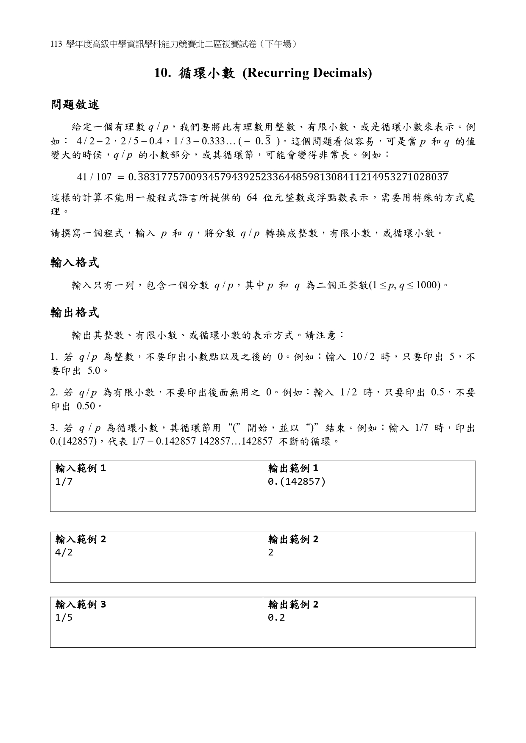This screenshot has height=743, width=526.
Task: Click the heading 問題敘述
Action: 75,105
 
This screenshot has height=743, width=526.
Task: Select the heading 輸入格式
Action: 75,263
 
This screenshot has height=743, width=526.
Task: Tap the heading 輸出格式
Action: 75,313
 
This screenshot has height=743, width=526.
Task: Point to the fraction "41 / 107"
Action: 94,177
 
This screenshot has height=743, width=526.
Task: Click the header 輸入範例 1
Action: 81,468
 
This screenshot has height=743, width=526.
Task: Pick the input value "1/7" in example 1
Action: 64,482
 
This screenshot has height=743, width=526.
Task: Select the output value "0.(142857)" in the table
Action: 297,482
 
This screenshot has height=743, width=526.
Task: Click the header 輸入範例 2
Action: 81,539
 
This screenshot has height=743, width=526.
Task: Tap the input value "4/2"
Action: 64,552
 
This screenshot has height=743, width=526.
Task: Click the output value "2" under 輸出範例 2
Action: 271,552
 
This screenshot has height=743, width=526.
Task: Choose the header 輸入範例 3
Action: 81,605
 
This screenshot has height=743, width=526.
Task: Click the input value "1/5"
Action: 64,618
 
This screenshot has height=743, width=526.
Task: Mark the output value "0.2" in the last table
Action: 276,618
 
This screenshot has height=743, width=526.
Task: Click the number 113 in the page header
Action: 56,44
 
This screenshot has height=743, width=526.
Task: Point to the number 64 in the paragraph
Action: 251,198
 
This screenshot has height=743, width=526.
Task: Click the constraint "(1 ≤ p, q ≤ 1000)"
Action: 405,285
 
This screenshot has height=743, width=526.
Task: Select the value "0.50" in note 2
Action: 86,406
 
